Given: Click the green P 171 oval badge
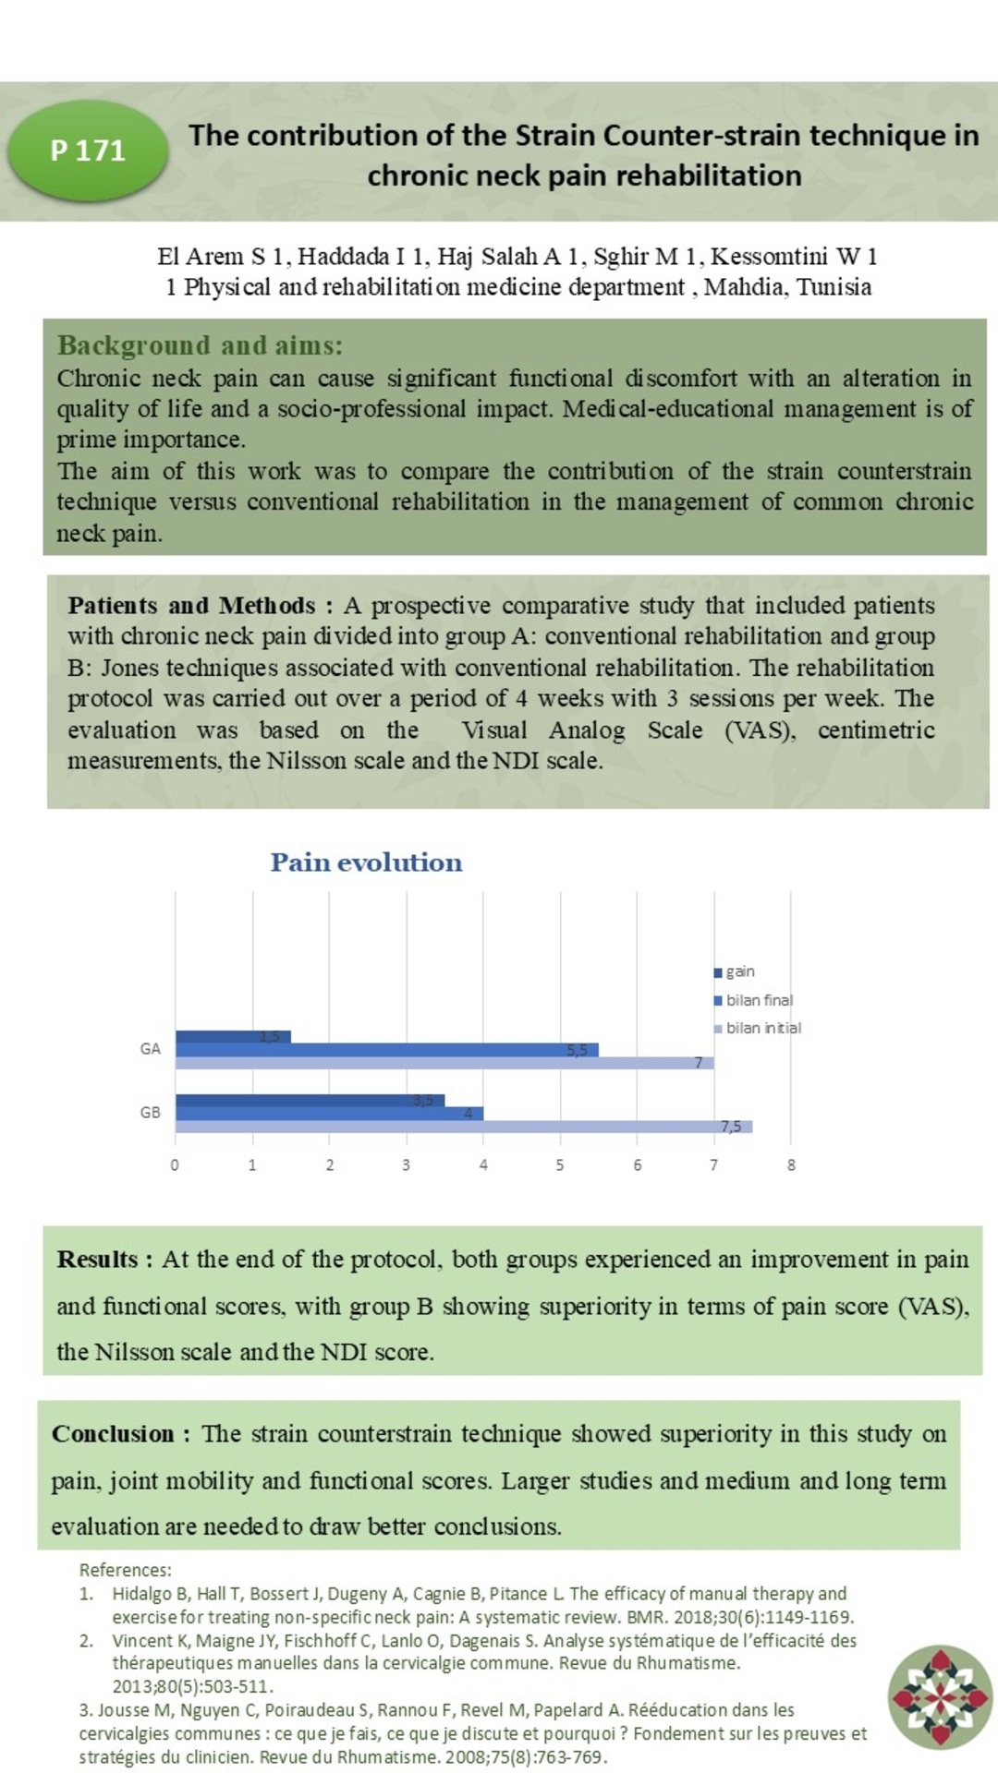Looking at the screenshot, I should [x=88, y=151].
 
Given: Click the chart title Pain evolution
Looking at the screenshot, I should [x=366, y=862].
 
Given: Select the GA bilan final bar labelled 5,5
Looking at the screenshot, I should [x=387, y=1050].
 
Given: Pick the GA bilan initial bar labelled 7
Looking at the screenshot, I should [x=444, y=1063].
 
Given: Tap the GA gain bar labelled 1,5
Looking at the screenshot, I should [x=233, y=1037].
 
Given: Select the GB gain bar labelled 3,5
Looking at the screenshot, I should [x=310, y=1100].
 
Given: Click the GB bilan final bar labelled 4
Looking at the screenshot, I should [x=329, y=1114].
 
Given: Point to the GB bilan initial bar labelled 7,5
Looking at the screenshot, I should [x=463, y=1127].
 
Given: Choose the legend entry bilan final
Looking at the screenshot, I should [x=753, y=1000].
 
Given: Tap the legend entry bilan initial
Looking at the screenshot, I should [x=758, y=1028].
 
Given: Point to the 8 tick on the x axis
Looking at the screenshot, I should [x=791, y=1165].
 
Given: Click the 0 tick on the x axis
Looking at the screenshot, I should [x=175, y=1165].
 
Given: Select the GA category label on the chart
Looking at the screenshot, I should [x=150, y=1049].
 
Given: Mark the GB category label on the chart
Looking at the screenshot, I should [x=150, y=1113].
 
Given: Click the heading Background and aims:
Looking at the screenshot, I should [x=200, y=345].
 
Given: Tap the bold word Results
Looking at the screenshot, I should [x=97, y=1260].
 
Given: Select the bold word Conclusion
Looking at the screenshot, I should [x=112, y=1434].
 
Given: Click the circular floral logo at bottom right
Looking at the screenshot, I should [x=940, y=1697].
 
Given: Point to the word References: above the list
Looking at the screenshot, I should [x=125, y=1570].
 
